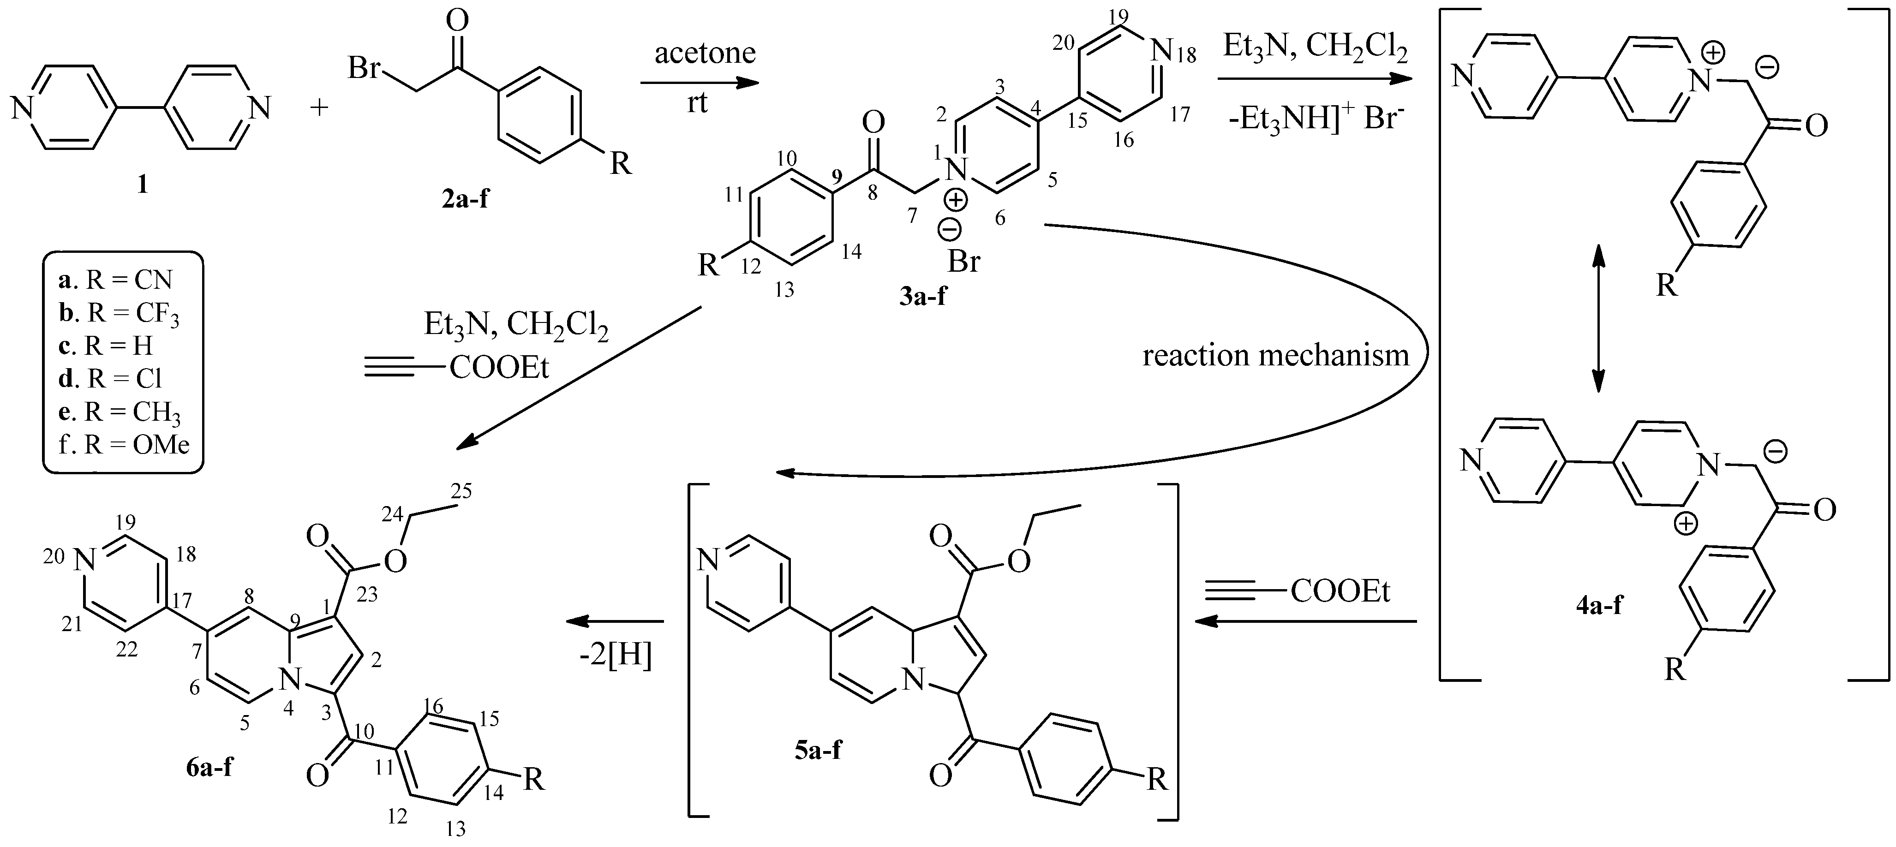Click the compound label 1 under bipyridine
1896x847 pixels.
(142, 185)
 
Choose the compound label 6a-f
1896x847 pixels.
(210, 769)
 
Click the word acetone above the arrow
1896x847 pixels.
(705, 53)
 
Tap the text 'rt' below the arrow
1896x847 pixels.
(697, 102)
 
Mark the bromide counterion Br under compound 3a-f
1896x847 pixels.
(963, 261)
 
